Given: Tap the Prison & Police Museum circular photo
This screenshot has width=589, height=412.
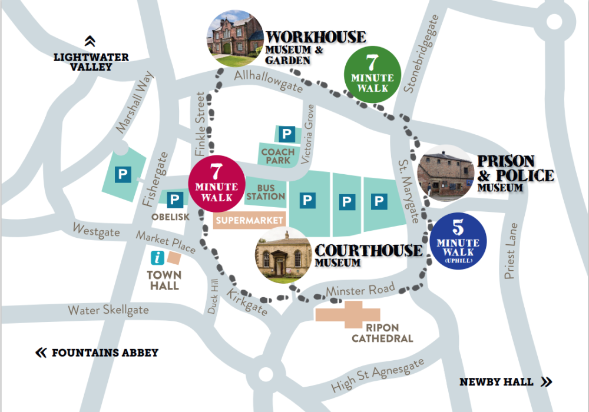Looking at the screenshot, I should pos(446,173).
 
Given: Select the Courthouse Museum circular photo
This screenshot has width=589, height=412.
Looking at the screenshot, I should pos(284,254).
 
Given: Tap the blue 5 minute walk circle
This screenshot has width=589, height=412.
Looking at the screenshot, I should pos(459,241).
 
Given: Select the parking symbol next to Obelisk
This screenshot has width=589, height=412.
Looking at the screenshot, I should pos(175,200).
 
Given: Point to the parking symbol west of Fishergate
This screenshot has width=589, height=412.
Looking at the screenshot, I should pos(123,174).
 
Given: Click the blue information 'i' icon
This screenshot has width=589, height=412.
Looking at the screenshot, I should pos(157,258).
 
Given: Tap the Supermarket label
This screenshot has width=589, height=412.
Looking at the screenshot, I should pos(250,221).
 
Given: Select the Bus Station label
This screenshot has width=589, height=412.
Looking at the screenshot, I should pos(266,192).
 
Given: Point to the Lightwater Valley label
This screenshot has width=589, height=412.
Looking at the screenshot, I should pos(91,62).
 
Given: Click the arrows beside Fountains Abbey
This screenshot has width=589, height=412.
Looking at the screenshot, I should pos(41,353).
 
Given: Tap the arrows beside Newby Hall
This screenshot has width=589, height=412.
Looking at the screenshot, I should pos(547,381).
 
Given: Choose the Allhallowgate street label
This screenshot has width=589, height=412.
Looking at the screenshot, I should pos(268,81).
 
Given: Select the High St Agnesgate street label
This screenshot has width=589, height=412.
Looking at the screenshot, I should pos(377,376).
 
